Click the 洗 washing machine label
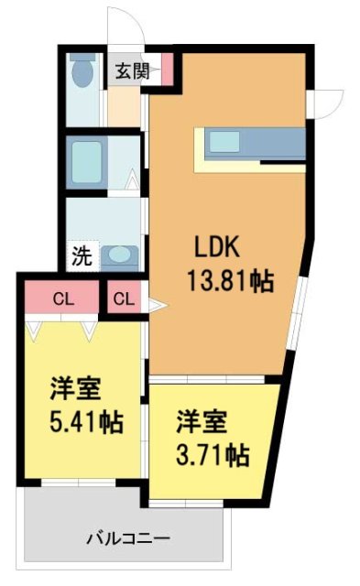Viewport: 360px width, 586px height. (x=82, y=256)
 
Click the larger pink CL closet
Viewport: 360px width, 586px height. (x=62, y=298)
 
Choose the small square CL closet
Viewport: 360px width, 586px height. (x=125, y=298)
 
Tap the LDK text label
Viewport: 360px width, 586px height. (x=216, y=247)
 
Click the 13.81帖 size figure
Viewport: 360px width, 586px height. (x=229, y=279)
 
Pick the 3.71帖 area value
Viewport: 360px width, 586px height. (x=213, y=452)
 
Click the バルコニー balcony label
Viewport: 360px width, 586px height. (x=127, y=536)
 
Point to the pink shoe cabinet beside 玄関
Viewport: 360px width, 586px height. (x=166, y=71)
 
